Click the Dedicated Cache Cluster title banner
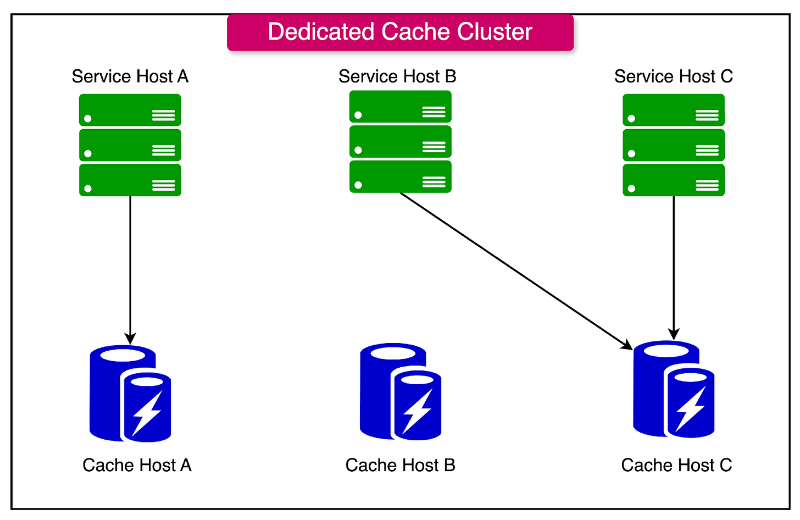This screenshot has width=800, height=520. [x=400, y=32]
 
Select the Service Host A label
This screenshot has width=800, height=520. [x=130, y=76]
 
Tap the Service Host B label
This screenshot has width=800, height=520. [x=397, y=76]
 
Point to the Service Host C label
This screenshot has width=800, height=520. [x=673, y=76]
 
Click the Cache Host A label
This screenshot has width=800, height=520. [x=137, y=465]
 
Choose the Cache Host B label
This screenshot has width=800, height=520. [x=400, y=465]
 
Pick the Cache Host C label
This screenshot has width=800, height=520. [x=676, y=465]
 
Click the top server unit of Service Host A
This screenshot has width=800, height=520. [x=130, y=110]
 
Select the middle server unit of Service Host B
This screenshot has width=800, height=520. [x=400, y=142]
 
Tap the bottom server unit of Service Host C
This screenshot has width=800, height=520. [x=674, y=180]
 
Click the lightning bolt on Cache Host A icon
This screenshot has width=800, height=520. [x=147, y=413]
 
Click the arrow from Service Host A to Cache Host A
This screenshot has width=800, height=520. [x=130, y=269]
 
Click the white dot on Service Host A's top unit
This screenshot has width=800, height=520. [x=88, y=118]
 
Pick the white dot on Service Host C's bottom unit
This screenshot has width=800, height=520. [x=631, y=189]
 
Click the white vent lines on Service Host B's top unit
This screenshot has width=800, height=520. [x=434, y=112]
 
